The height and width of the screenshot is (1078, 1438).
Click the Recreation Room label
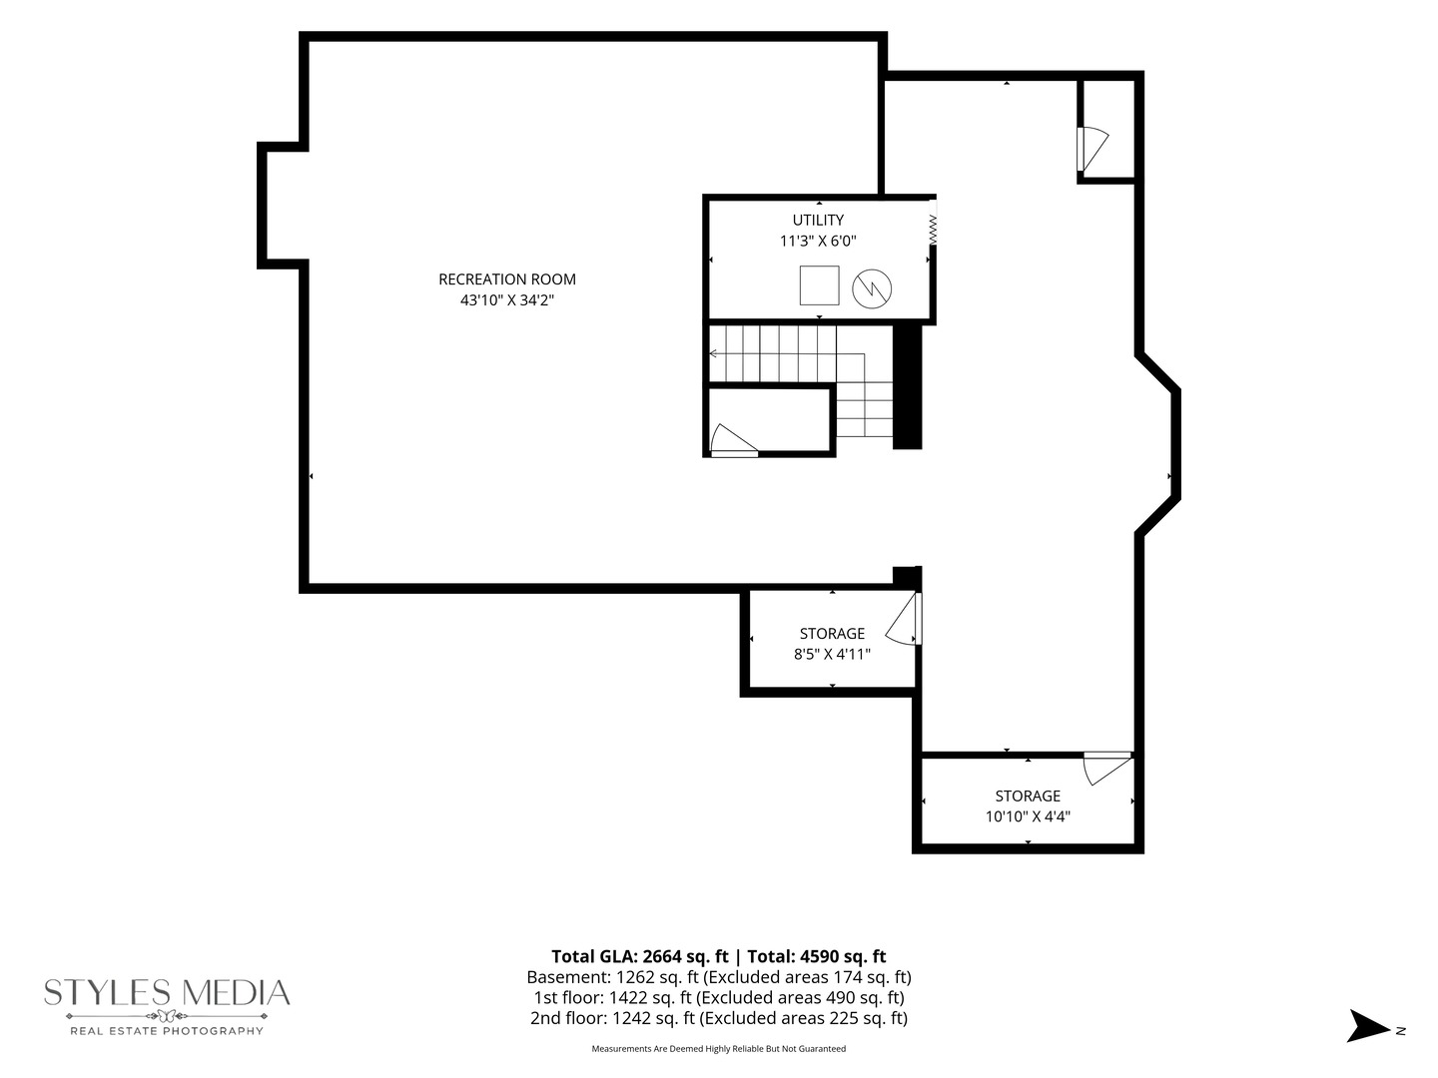point(507,279)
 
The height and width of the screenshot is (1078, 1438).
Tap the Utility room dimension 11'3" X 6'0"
point(818,241)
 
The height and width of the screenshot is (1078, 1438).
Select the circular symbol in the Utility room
point(872,288)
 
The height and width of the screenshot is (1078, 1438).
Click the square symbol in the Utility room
point(819,285)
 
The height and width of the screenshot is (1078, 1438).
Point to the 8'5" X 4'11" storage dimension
point(832,654)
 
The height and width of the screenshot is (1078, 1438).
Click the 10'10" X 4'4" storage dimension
point(1028,816)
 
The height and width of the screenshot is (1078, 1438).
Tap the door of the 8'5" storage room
point(904,619)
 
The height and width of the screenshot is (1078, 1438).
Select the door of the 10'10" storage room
point(1107,769)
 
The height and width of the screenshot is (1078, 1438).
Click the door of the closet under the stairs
point(734,440)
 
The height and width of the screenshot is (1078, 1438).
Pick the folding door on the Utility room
point(933,223)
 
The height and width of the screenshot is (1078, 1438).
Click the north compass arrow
point(1368,1026)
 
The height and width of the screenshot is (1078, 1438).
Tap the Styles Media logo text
point(167,992)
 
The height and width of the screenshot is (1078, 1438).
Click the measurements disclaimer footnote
point(719,1048)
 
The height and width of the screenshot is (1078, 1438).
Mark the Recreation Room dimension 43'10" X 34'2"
point(507,300)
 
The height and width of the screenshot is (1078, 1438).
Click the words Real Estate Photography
point(167,1031)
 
